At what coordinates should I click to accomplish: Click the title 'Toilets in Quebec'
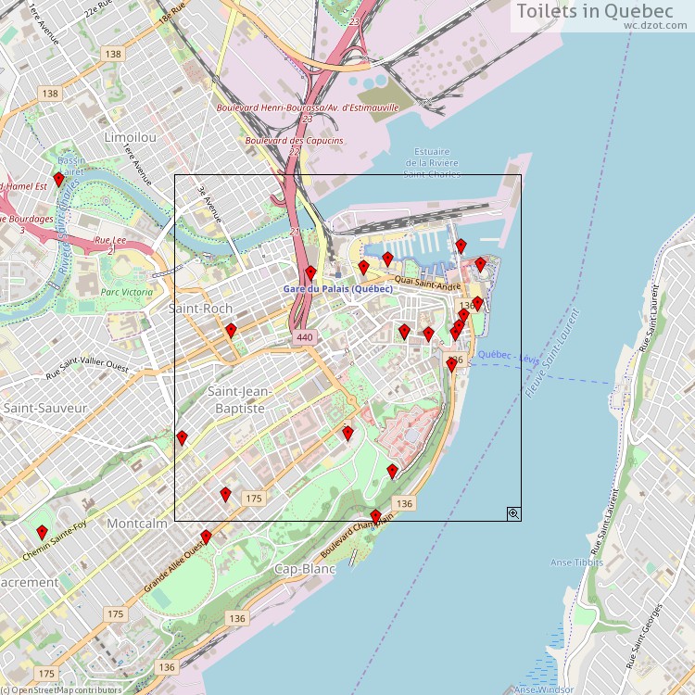(x=594, y=11)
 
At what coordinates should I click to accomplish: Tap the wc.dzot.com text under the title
(x=647, y=26)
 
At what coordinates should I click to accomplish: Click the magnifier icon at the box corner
(x=512, y=512)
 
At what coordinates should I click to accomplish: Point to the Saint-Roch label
(x=200, y=308)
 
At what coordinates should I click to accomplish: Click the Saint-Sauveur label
(x=44, y=408)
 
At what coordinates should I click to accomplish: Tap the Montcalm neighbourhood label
(x=137, y=524)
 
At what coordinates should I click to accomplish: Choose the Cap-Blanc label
(x=305, y=568)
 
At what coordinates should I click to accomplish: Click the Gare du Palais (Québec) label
(x=337, y=289)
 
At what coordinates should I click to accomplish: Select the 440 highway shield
(x=305, y=338)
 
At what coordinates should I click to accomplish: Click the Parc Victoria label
(x=127, y=292)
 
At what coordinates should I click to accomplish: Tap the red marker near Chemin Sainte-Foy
(x=42, y=532)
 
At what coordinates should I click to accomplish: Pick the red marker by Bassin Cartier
(x=58, y=179)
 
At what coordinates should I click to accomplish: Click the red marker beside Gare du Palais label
(x=310, y=272)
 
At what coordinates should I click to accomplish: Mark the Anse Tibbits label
(x=576, y=562)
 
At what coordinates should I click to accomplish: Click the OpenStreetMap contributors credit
(x=61, y=689)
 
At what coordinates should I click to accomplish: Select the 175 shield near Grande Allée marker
(x=254, y=499)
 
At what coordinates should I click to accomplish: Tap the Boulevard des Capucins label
(x=294, y=141)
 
